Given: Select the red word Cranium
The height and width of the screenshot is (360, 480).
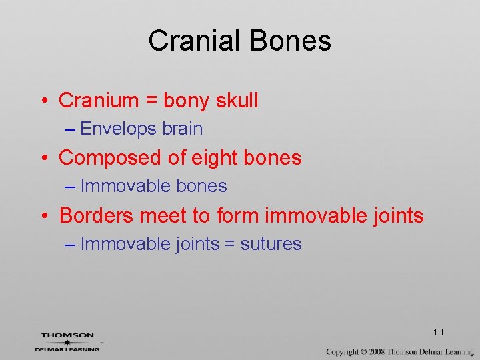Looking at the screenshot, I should (99, 101).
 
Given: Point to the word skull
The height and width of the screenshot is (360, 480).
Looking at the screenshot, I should (237, 101).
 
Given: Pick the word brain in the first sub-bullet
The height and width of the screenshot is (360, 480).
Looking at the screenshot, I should (184, 129).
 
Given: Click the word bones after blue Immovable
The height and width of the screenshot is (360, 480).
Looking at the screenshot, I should (201, 186).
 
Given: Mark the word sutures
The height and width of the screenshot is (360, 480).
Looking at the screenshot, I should (271, 244).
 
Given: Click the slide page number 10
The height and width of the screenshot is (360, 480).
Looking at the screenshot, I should (438, 332).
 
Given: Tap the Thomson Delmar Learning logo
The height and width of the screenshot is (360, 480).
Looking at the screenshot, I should (67, 341).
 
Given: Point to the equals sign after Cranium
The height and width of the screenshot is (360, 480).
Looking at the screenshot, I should (151, 101).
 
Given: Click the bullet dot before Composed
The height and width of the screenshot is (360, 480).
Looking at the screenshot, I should (43, 158).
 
